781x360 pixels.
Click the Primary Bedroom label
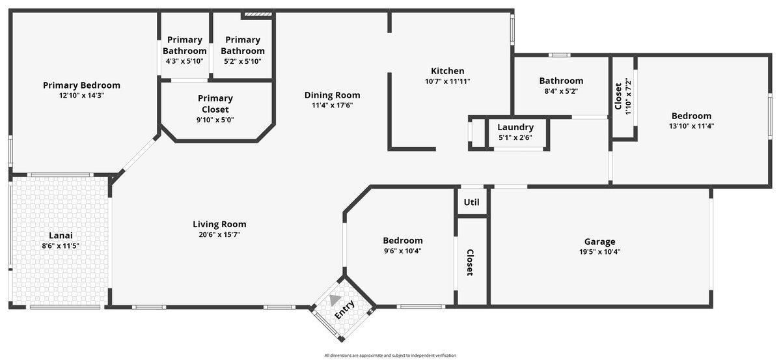[x=81, y=85]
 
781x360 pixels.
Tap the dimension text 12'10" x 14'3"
[x=81, y=96]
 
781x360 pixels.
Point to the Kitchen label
[x=447, y=71]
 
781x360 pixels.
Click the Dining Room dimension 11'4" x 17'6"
[x=332, y=105]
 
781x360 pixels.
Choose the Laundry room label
[x=515, y=127]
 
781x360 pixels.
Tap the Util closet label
[x=471, y=202]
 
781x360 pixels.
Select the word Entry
[x=345, y=309]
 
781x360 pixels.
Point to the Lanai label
[x=61, y=236]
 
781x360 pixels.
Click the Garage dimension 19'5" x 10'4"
[x=599, y=252]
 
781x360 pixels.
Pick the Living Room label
[x=219, y=225]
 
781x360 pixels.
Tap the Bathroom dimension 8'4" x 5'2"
[x=561, y=92]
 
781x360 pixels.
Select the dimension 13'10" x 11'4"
[x=691, y=126]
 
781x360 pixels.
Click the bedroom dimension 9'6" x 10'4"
[x=402, y=251]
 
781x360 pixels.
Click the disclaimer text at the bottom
[x=390, y=355]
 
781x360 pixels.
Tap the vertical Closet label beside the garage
[x=470, y=262]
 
